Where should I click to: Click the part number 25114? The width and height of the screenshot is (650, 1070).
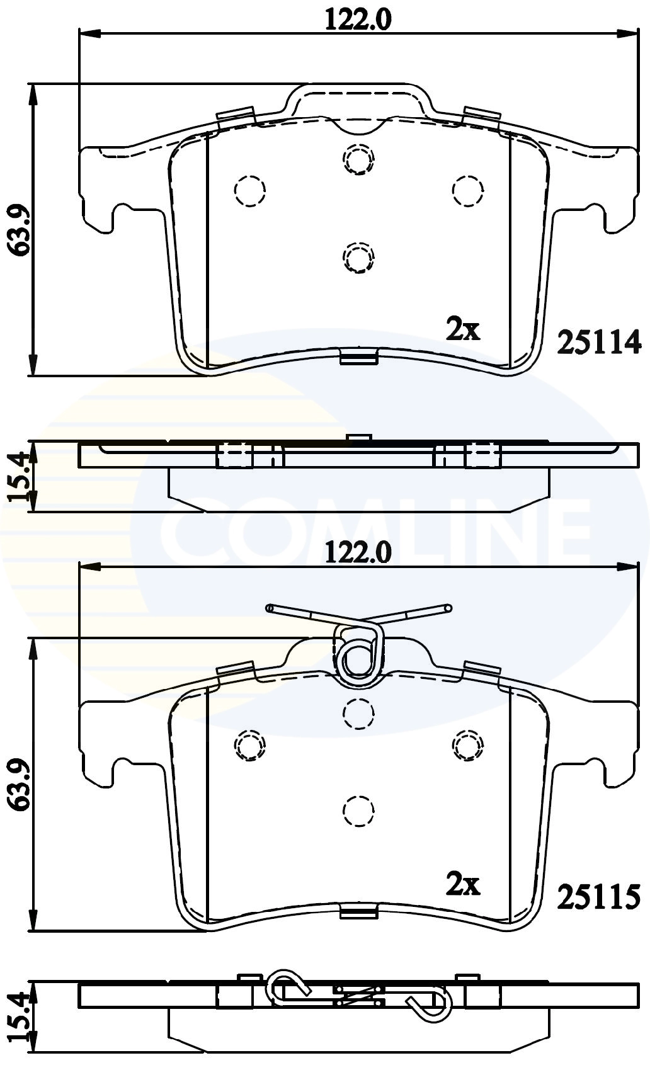coord(599,342)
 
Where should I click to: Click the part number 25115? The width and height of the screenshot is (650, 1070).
coord(599,897)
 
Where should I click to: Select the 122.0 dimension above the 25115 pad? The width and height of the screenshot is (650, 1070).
coord(358,553)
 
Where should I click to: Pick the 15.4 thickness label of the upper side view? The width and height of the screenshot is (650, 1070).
coord(19,476)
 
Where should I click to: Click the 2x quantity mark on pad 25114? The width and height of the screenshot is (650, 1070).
coord(463,329)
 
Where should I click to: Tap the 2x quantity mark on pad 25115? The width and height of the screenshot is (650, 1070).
coord(463,885)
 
